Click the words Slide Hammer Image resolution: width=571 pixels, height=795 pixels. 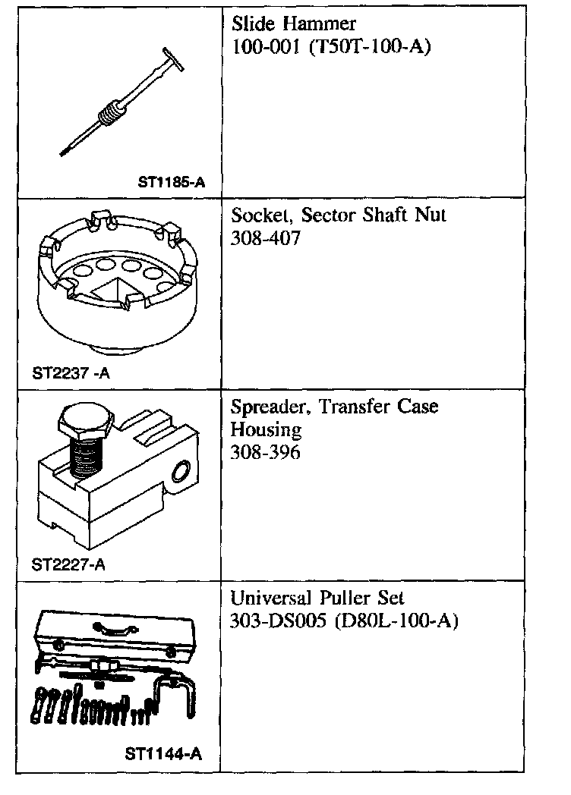(x=294, y=24)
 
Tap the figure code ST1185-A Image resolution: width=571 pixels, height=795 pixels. (x=172, y=182)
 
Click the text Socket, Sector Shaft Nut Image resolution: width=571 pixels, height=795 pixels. (x=339, y=215)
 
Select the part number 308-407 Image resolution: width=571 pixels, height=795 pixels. (x=266, y=239)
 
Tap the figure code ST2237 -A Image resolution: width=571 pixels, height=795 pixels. (x=70, y=373)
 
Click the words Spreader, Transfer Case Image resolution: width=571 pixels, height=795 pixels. (x=334, y=407)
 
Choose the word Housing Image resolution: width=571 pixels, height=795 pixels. (x=267, y=430)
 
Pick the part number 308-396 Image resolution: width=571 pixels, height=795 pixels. (x=266, y=453)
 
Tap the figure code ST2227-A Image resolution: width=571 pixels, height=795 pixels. (x=68, y=564)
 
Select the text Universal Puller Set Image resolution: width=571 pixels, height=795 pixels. (x=323, y=598)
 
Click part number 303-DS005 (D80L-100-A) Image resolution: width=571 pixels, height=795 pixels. (x=344, y=621)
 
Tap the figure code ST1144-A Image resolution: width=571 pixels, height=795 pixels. (x=164, y=754)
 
